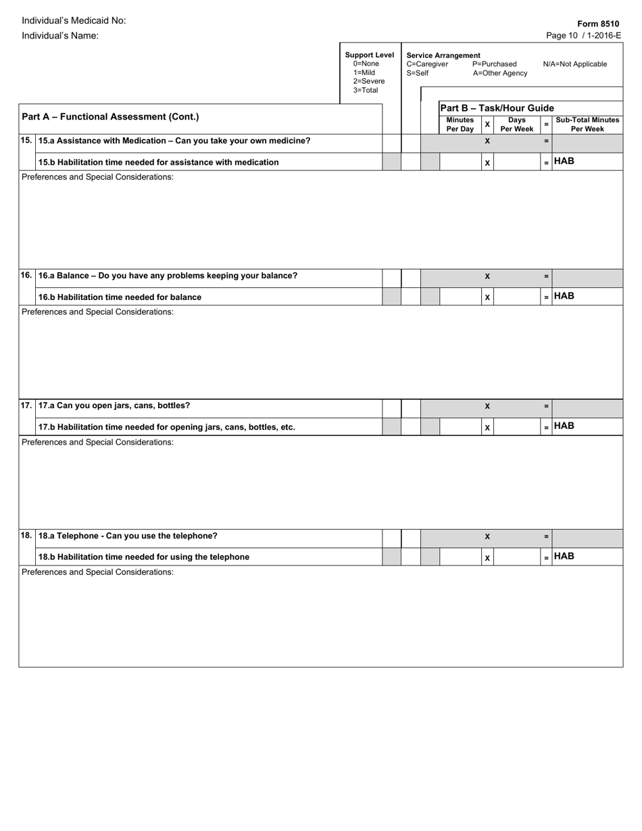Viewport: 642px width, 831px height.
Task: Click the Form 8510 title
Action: coord(598,24)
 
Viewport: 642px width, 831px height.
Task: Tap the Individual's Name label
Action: coord(60,35)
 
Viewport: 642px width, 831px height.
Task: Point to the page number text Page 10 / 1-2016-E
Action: coord(583,36)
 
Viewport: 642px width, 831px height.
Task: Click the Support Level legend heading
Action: coord(369,55)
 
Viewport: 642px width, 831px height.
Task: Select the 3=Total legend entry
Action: coord(366,90)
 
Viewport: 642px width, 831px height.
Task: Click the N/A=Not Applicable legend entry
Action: coord(574,64)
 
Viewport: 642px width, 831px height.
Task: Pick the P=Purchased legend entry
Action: coord(494,64)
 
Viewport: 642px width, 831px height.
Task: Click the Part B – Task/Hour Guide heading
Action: coord(497,108)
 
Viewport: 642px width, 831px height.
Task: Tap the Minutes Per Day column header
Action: coord(460,124)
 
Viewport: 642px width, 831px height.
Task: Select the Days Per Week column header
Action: coord(517,124)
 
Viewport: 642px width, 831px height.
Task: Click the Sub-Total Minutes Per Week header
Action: coord(587,124)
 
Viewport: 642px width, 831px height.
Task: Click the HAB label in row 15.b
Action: coord(564,161)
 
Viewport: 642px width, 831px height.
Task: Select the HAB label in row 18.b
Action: coord(564,556)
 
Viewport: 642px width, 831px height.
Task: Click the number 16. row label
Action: coord(26,276)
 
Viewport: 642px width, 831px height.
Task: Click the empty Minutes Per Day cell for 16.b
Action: coord(460,297)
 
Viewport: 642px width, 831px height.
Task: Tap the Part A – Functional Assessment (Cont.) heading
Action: coord(110,116)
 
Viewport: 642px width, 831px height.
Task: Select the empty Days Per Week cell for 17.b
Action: coord(517,427)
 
